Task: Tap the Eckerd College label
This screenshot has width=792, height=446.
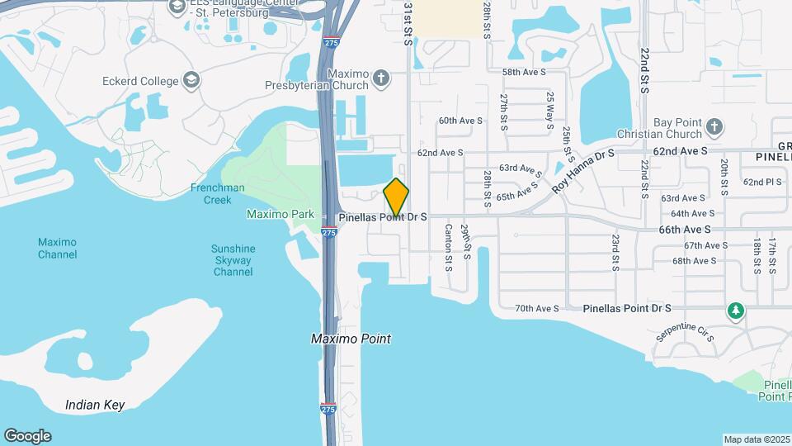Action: (140, 81)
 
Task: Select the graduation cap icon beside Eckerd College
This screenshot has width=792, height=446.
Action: (191, 79)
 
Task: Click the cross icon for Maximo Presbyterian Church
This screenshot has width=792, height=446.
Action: (380, 78)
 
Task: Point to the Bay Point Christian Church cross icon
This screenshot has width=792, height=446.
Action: (714, 127)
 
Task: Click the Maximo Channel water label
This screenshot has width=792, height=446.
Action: (57, 248)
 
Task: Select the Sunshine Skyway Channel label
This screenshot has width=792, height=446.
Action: (233, 260)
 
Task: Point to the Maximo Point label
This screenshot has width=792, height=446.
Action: (351, 339)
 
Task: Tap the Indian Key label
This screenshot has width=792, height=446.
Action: (95, 405)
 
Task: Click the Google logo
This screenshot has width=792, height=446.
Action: (27, 436)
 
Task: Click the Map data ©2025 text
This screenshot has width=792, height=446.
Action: (756, 439)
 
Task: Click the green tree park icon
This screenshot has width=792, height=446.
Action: (735, 311)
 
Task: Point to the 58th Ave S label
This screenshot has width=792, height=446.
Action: (525, 73)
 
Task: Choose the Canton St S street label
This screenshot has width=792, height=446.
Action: (450, 248)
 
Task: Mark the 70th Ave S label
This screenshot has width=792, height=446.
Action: (537, 308)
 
